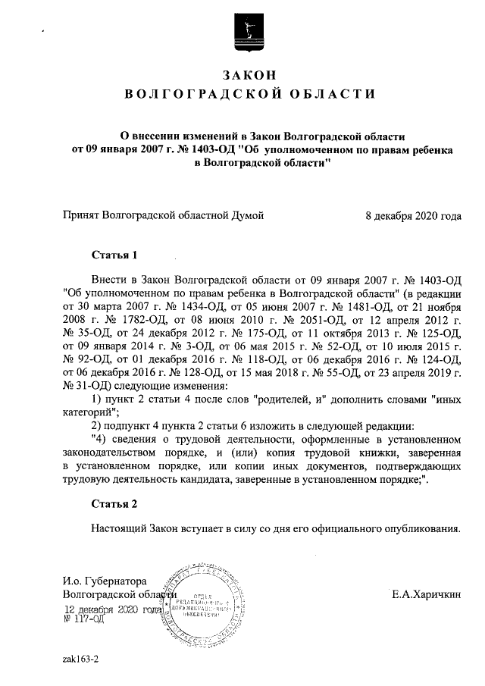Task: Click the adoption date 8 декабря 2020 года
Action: pyautogui.click(x=413, y=215)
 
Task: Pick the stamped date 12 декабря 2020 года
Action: pyautogui.click(x=114, y=609)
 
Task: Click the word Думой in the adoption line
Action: pyautogui.click(x=247, y=215)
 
